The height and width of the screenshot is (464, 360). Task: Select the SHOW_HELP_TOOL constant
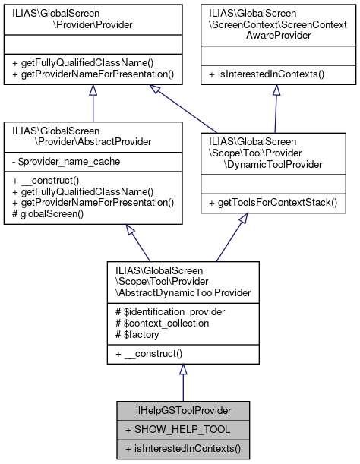coord(168,429)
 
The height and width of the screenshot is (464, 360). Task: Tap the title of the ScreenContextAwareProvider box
coord(275,20)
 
